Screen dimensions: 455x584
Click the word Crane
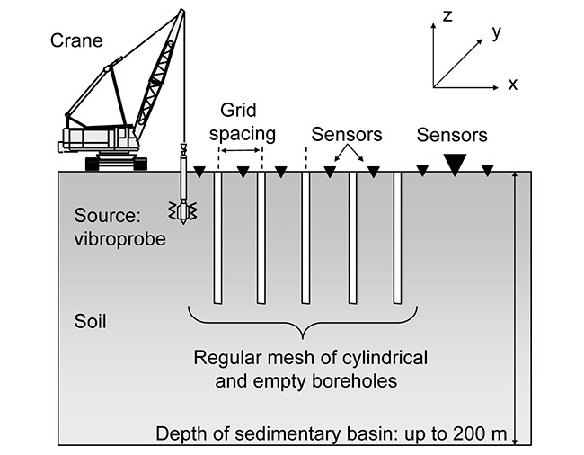pyautogui.click(x=76, y=40)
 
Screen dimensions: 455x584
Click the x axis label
pyautogui.click(x=512, y=85)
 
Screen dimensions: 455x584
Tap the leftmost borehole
pyautogui.click(x=217, y=237)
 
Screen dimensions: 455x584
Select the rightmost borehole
pyautogui.click(x=397, y=237)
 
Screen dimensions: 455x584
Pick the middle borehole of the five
pyautogui.click(x=305, y=237)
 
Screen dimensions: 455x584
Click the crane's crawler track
pyautogui.click(x=115, y=164)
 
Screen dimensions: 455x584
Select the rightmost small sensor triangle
pyautogui.click(x=487, y=170)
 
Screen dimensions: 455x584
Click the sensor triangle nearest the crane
pyautogui.click(x=200, y=171)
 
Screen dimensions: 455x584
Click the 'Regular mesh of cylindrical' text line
pyautogui.click(x=311, y=358)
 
